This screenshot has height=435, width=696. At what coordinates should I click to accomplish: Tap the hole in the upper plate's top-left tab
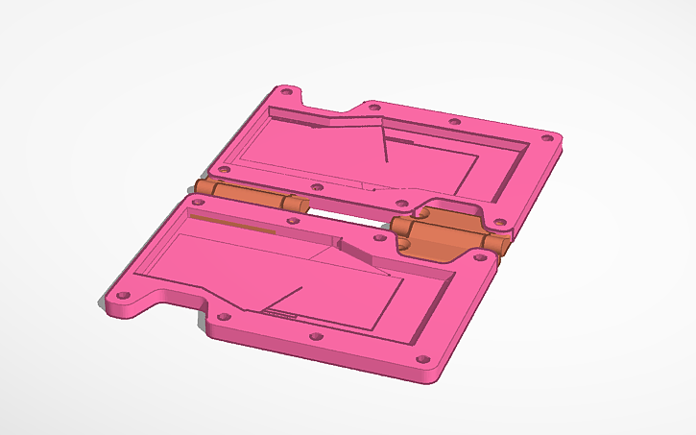coord(284,93)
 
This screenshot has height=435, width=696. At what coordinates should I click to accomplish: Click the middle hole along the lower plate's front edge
coord(315,337)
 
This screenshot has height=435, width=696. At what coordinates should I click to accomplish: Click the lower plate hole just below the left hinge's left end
coord(204,201)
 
